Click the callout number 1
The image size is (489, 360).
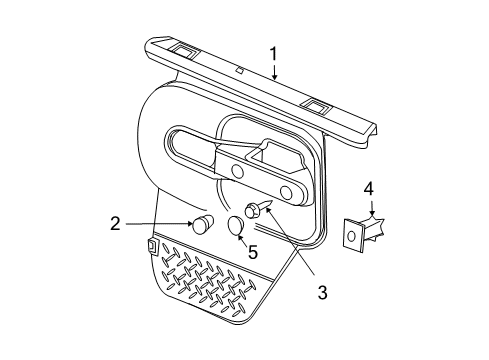[272, 53]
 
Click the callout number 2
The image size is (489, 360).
[144, 224]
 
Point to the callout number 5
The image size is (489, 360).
[253, 253]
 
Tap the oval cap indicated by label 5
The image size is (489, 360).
[236, 228]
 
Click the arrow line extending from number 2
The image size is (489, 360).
[172, 224]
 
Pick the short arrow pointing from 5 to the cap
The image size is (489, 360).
[244, 240]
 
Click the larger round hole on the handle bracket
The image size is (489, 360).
[287, 191]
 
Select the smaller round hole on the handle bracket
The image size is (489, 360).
[236, 172]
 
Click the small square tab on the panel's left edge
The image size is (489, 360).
[150, 245]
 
